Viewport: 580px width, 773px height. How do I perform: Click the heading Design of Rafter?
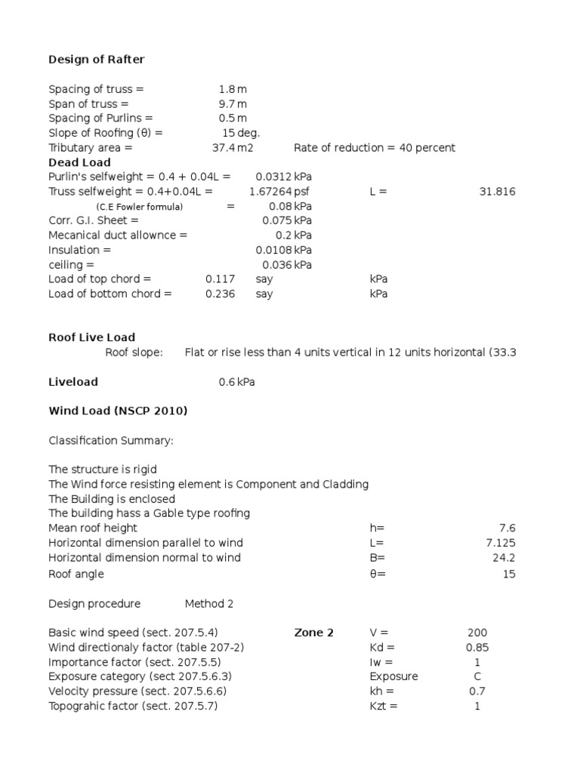click(96, 60)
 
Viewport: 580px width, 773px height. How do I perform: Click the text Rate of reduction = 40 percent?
click(375, 148)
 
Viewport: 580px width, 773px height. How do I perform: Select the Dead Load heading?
click(79, 162)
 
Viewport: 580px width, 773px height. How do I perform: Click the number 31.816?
click(497, 192)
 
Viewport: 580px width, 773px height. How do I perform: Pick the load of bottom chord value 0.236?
click(214, 294)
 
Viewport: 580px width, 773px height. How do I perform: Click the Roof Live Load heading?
click(92, 337)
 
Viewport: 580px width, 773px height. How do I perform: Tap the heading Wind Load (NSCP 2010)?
click(118, 411)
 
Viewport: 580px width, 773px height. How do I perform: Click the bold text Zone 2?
click(313, 633)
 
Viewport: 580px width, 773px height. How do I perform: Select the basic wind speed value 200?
click(477, 633)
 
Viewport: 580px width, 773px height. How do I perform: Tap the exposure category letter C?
click(477, 676)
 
